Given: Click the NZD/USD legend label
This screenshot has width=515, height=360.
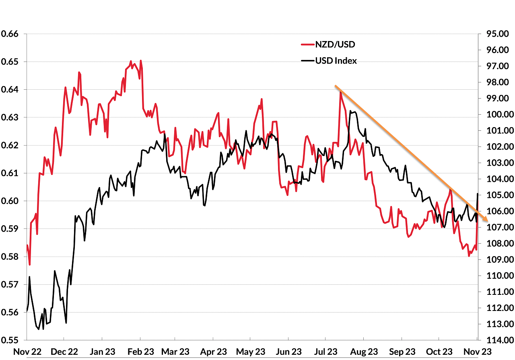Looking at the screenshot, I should click(x=335, y=44).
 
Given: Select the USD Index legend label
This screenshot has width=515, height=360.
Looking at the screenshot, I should click(x=336, y=61).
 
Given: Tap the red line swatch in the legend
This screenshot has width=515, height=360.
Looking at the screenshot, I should click(x=307, y=44).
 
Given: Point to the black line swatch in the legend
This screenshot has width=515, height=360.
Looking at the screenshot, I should click(x=307, y=61).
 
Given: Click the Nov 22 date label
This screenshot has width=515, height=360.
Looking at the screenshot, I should click(x=27, y=352).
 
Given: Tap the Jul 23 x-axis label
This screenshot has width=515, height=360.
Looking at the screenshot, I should click(x=326, y=352).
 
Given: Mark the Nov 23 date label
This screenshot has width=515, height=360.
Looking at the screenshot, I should click(x=478, y=352).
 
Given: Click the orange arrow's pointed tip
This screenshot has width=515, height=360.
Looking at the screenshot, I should click(x=488, y=221).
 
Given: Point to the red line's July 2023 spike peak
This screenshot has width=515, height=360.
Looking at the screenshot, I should click(x=340, y=92).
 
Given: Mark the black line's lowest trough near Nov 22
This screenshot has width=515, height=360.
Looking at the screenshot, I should click(x=39, y=329).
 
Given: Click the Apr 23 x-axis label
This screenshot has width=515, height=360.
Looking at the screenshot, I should click(x=214, y=352).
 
